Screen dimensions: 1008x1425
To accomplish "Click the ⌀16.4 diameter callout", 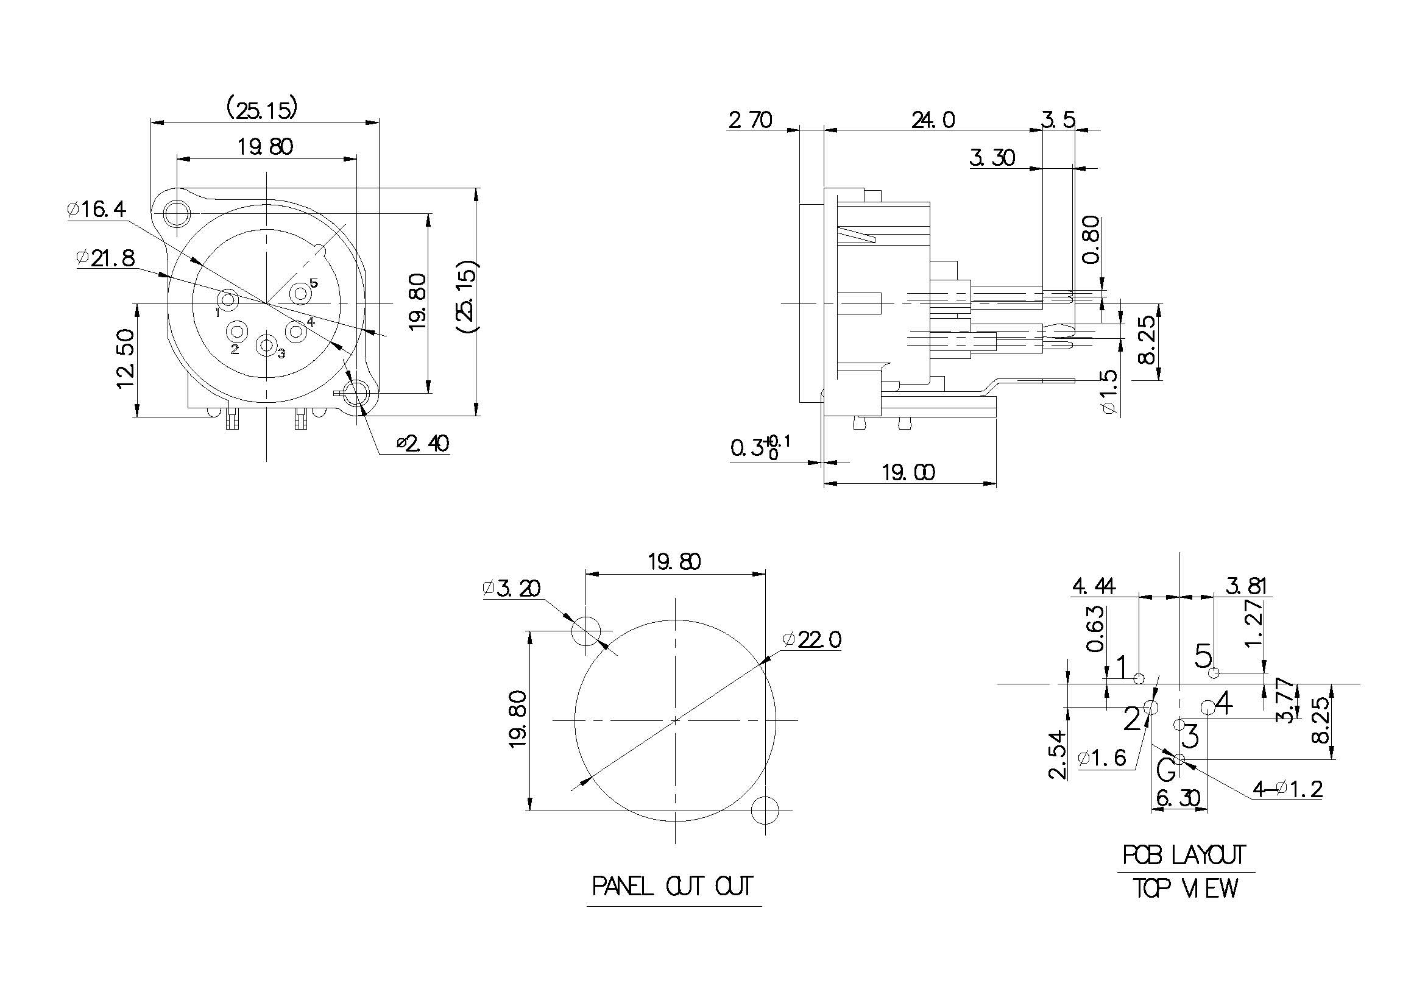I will (x=97, y=209).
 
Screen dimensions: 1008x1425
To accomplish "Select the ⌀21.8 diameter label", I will (x=105, y=258).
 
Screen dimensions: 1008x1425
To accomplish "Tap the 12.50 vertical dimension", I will (x=126, y=358).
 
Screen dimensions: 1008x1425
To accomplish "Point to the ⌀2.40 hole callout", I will (x=423, y=443).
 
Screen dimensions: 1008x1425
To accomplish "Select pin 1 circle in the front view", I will (x=228, y=300).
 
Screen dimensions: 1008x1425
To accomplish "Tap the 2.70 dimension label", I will (x=751, y=120).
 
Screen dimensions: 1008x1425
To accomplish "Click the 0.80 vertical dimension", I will (x=1091, y=239).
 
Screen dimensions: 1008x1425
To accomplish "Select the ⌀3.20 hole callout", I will (x=511, y=587).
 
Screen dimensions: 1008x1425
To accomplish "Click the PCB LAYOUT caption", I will (x=1184, y=855).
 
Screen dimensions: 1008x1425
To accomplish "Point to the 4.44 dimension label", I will (x=1094, y=586).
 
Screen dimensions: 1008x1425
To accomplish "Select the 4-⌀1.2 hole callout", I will (x=1287, y=789).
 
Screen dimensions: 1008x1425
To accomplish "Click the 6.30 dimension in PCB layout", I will (x=1179, y=798).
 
